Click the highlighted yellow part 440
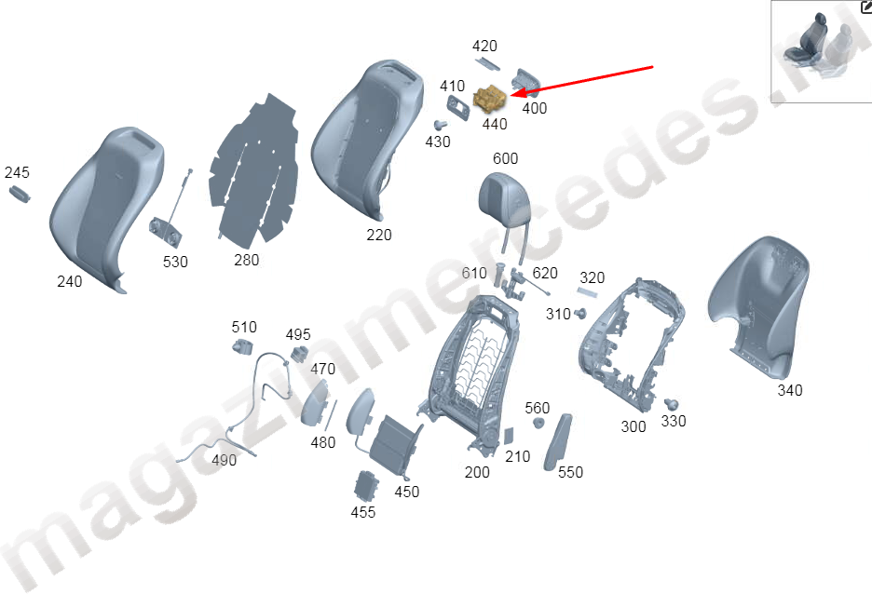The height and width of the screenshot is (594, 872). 490,100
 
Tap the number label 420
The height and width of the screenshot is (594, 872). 484,46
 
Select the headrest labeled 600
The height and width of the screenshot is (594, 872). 505,199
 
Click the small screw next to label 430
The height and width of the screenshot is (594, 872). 441,125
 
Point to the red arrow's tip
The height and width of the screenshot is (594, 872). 511,94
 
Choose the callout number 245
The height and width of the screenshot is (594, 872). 17,172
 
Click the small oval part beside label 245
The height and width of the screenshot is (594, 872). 20,194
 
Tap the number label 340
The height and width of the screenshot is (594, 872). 790,390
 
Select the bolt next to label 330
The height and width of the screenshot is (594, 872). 672,404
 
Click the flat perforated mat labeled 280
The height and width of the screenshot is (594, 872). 253,169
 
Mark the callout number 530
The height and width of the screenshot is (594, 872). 175,262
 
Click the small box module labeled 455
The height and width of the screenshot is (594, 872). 365,486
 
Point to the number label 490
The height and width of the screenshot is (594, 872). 224,460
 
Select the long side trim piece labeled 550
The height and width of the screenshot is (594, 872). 557,441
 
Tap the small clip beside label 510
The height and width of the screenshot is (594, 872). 242,346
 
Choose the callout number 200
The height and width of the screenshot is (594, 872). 477,472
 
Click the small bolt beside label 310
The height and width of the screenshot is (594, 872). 580,314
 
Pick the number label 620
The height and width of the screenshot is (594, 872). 544,273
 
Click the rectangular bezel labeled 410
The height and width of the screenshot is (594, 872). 458,106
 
